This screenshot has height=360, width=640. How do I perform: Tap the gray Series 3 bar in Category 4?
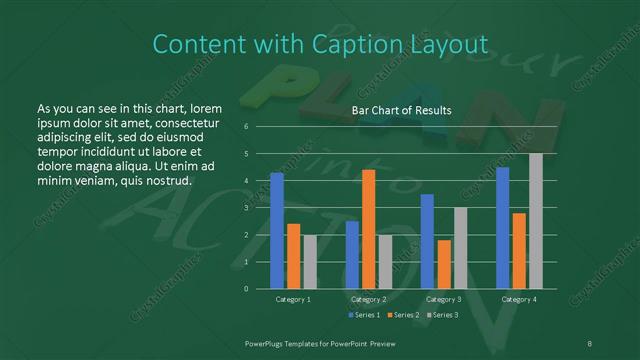(536, 221)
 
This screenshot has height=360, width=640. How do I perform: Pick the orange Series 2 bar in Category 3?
(443, 264)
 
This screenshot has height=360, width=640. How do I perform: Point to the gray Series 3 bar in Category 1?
(310, 262)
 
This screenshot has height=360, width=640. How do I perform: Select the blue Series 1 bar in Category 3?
(427, 241)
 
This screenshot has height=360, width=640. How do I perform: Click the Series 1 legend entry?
(363, 315)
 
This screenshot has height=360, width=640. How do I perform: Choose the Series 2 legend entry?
(402, 315)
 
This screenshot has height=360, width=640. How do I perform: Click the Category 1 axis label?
(293, 299)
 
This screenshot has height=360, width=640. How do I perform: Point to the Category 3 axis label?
(443, 299)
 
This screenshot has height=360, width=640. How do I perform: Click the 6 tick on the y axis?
(246, 127)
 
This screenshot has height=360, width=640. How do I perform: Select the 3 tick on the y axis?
(246, 208)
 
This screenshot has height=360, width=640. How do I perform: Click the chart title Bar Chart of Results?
(401, 110)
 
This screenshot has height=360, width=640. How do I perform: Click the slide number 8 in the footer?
(590, 342)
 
